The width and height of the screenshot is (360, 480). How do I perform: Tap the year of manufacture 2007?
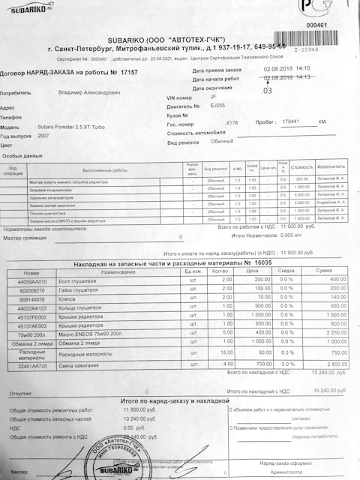pyautogui.click(x=43, y=137)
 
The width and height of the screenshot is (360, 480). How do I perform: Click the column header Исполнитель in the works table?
pyautogui.click(x=333, y=168)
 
